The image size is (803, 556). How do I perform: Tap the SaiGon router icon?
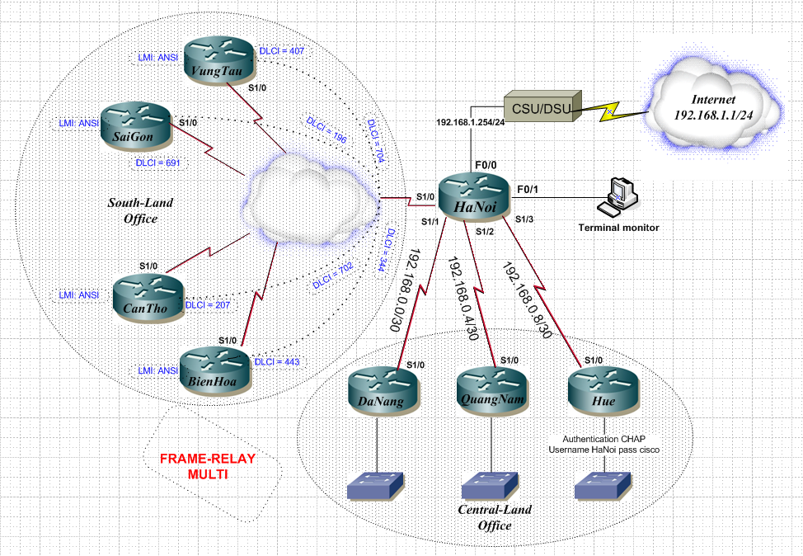click(x=134, y=126)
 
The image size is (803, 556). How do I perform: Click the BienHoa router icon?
click(x=213, y=370)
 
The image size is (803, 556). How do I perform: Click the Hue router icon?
click(x=601, y=388)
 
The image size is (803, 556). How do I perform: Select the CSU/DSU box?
click(x=538, y=108)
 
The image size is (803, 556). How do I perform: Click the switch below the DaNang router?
click(x=376, y=486)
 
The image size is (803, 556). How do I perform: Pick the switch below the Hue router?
click(x=606, y=486)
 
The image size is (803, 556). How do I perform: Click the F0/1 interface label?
click(x=528, y=190)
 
